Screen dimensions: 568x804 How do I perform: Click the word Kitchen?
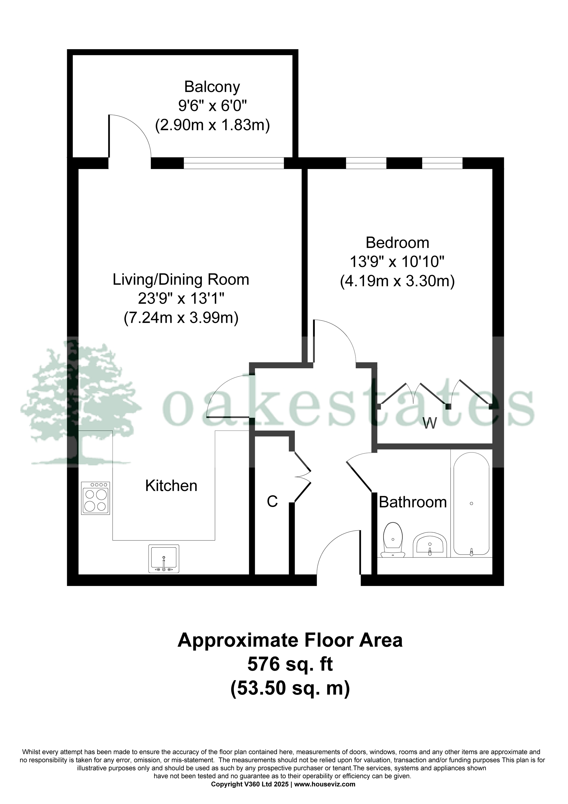171,486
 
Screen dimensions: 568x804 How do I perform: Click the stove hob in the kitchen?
96,498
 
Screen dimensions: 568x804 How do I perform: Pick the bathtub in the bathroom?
471,504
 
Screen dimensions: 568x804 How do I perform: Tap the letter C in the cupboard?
272,502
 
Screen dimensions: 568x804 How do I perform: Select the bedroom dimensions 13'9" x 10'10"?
397,261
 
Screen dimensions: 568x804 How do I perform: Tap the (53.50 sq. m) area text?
290,688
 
